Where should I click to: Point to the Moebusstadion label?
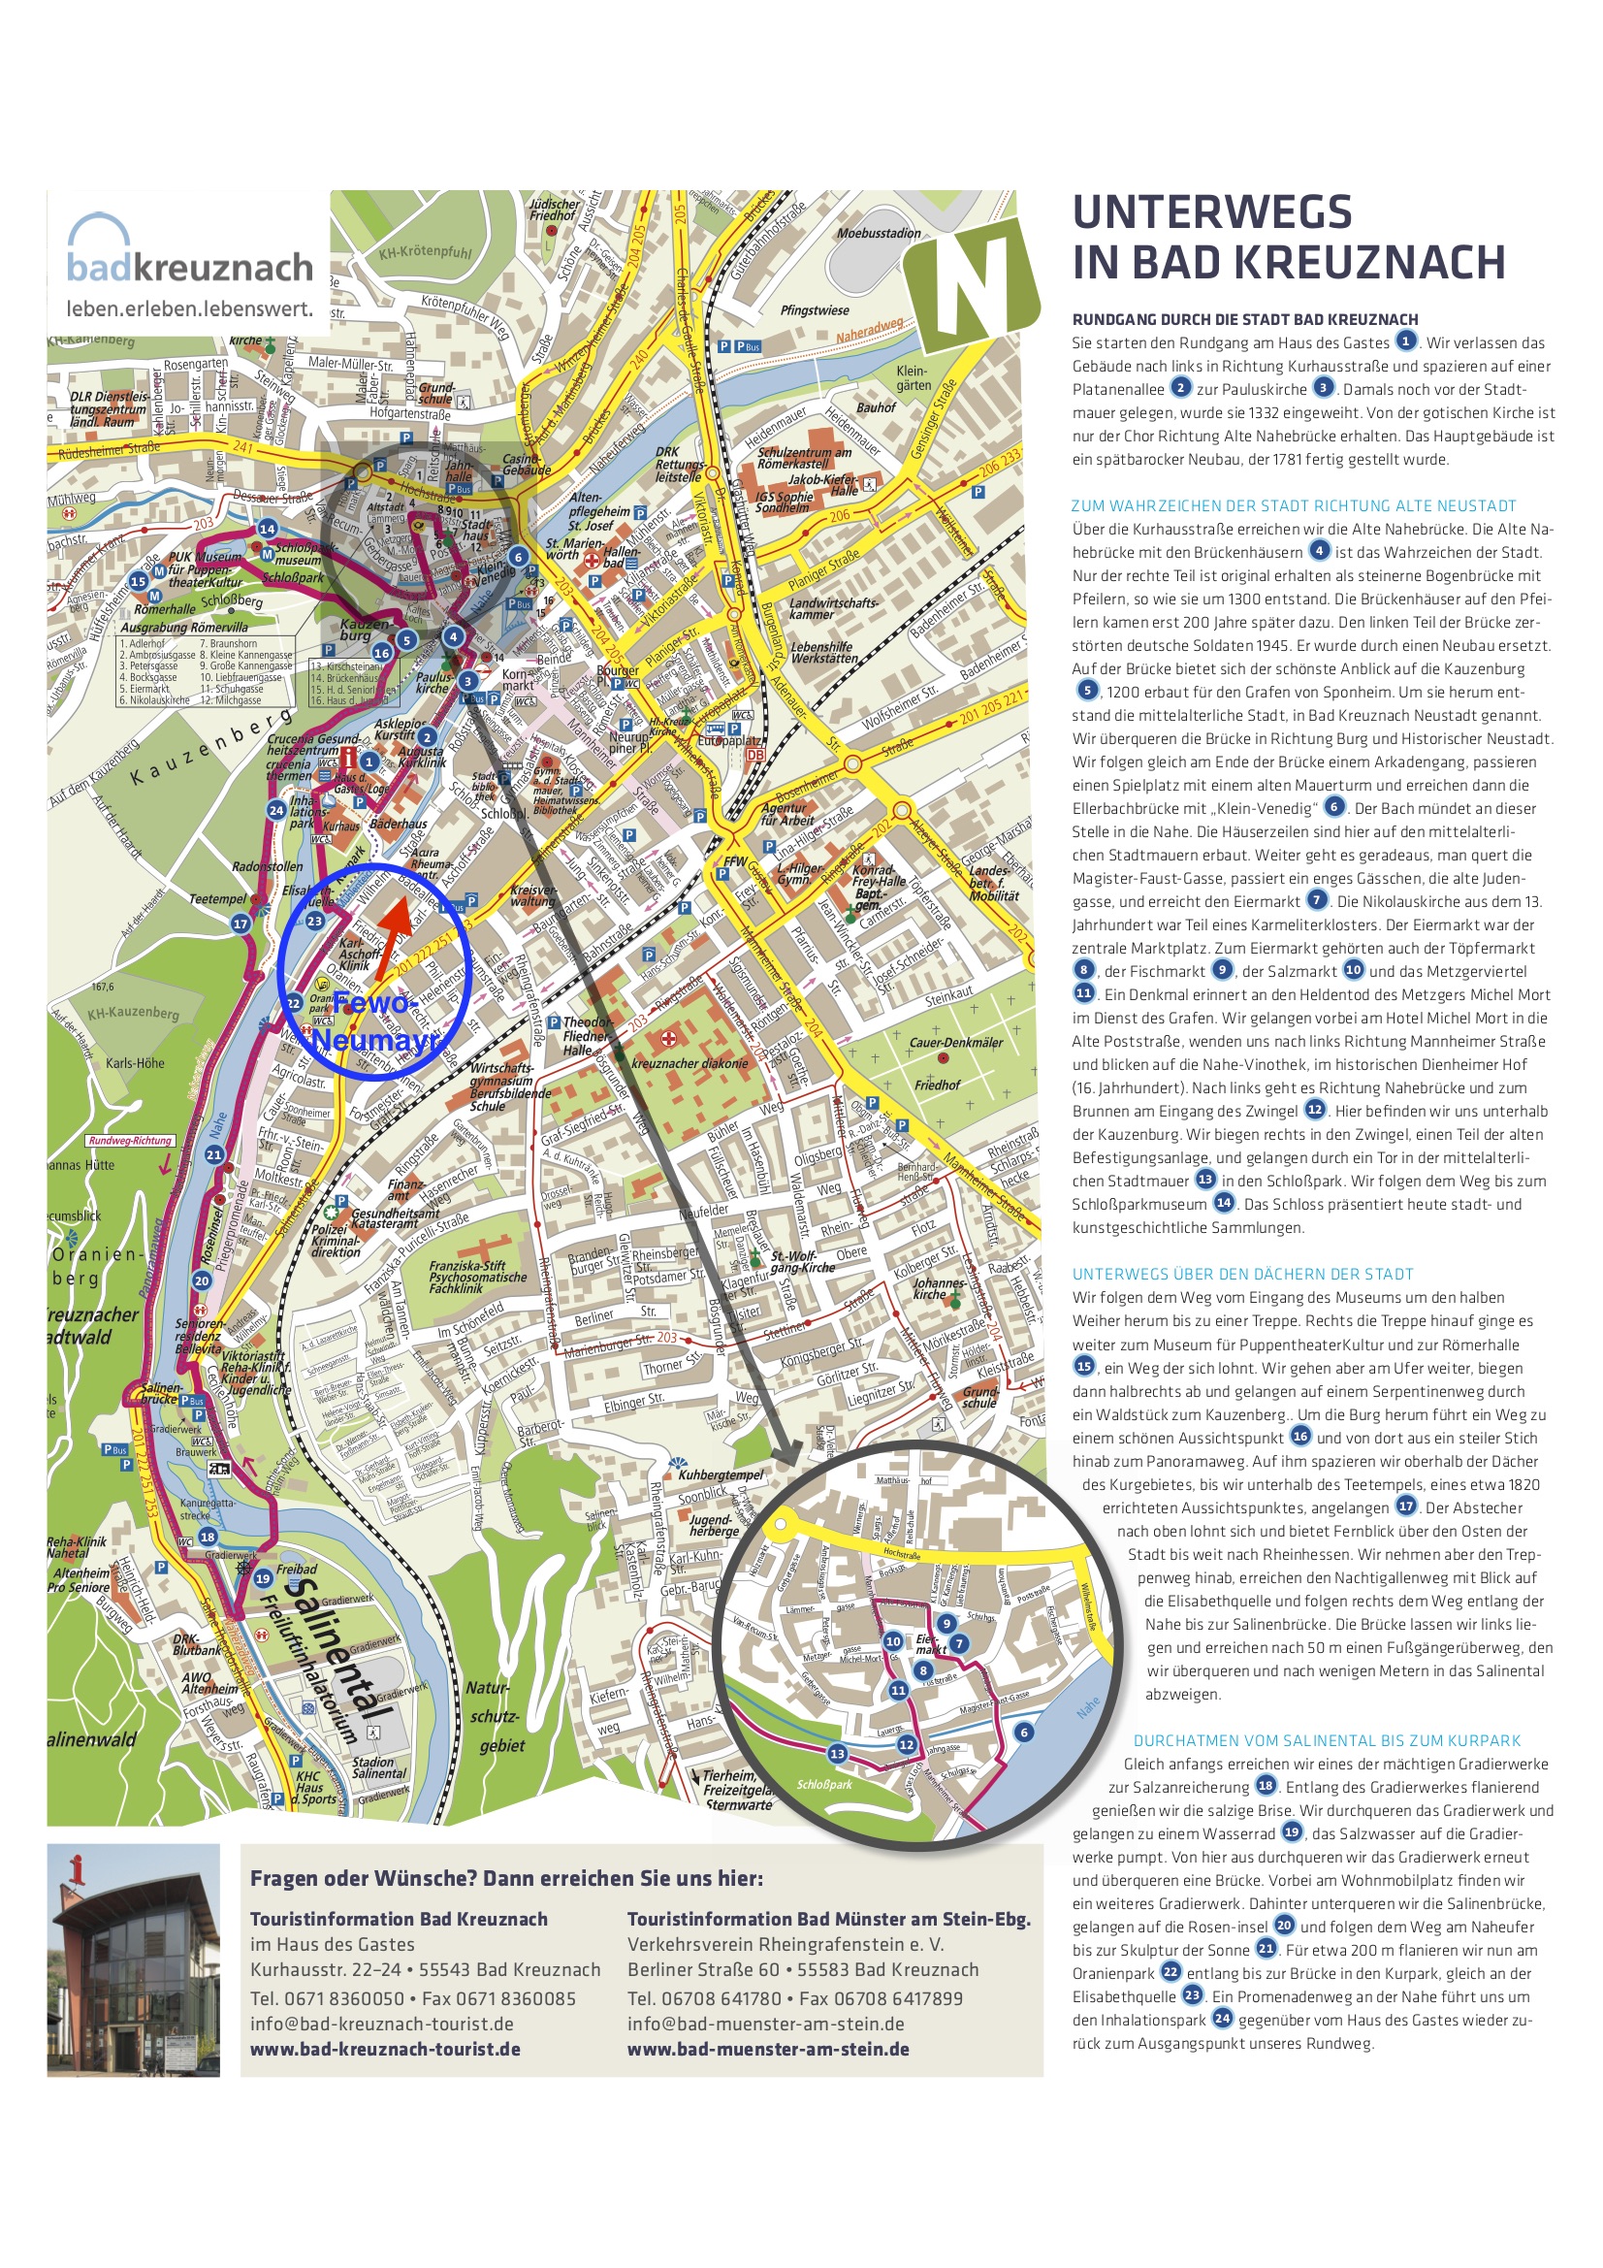point(878,233)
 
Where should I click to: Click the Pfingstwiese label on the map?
point(814,310)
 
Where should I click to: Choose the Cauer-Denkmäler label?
point(955,1042)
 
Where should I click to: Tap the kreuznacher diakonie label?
point(690,1064)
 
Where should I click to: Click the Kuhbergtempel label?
point(720,1474)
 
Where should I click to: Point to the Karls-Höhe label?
point(136,1063)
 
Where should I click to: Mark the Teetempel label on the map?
point(217,899)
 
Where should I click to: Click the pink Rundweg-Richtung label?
point(129,1140)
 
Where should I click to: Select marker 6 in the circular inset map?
point(1023,1731)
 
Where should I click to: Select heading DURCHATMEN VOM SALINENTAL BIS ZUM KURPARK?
point(1327,1740)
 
